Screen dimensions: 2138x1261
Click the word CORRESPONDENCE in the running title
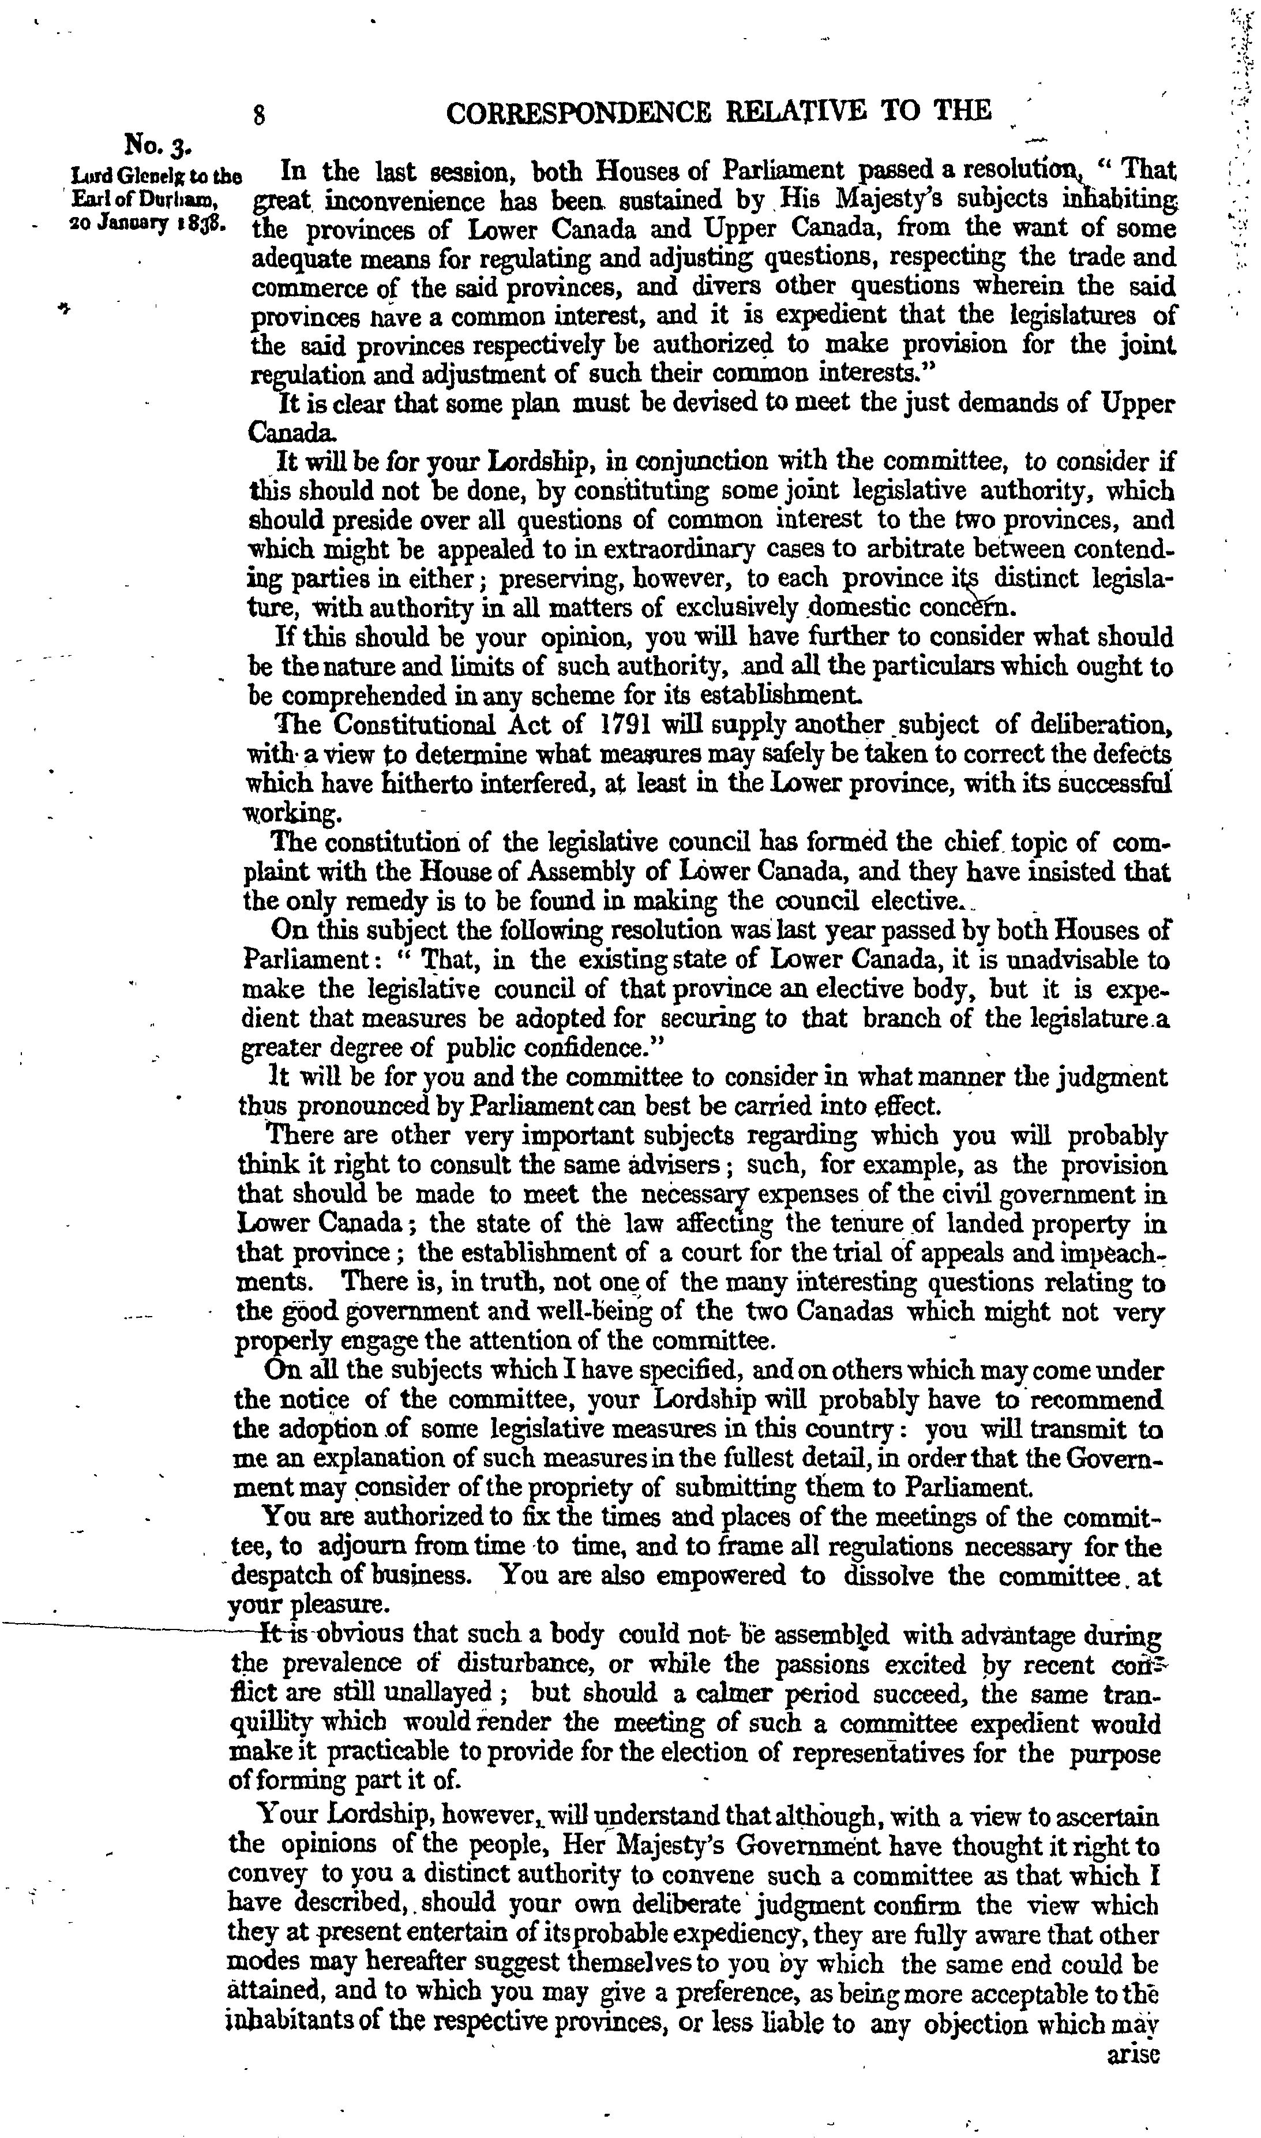tap(579, 112)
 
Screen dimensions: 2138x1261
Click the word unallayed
tap(444, 1692)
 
